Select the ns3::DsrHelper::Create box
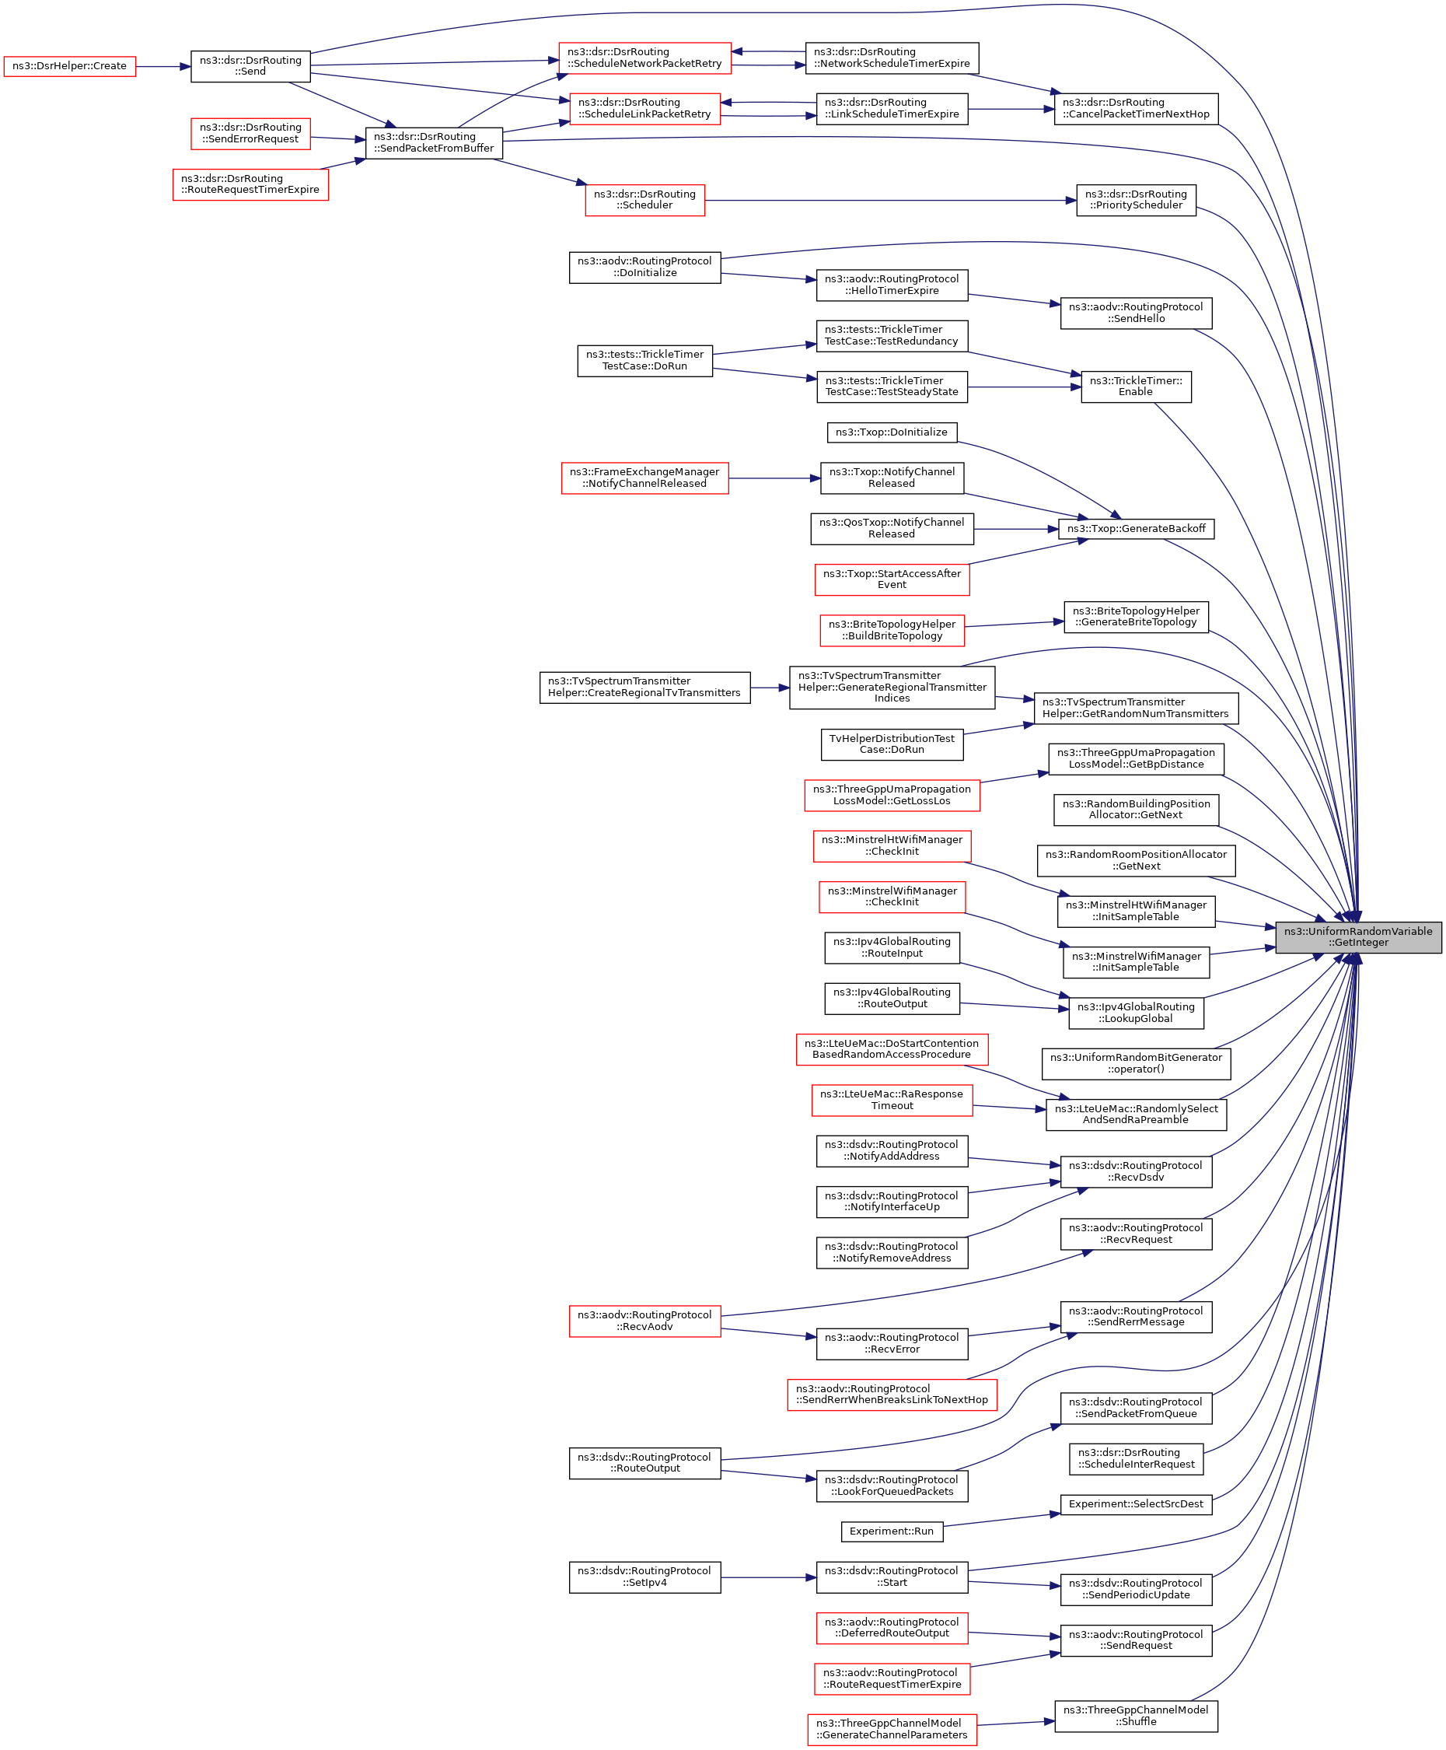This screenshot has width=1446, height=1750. (69, 66)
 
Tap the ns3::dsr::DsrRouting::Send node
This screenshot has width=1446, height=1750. (250, 66)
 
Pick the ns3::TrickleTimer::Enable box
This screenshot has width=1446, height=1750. (1135, 386)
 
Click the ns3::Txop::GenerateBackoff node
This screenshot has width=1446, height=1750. (1135, 528)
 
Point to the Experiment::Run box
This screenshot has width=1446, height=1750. (891, 1531)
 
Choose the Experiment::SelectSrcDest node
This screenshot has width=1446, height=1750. (1135, 1504)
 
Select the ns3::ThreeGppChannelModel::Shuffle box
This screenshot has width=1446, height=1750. (1135, 1715)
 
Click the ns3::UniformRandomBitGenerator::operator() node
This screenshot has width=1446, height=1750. (1135, 1063)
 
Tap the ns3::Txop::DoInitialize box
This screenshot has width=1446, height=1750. (891, 432)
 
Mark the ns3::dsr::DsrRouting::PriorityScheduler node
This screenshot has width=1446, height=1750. (1135, 199)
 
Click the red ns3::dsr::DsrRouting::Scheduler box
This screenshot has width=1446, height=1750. (644, 199)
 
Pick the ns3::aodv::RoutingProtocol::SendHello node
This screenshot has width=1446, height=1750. (1135, 313)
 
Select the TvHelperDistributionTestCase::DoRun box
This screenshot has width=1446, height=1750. (891, 744)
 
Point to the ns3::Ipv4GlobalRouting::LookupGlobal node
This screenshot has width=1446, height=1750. (1135, 1013)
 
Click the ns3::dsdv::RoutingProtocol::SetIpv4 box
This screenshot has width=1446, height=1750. (644, 1577)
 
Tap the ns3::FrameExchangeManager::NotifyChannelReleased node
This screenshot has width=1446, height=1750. (644, 478)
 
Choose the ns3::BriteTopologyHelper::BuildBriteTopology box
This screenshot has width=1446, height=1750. (891, 630)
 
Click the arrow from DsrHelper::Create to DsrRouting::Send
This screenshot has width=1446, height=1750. (163, 66)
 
